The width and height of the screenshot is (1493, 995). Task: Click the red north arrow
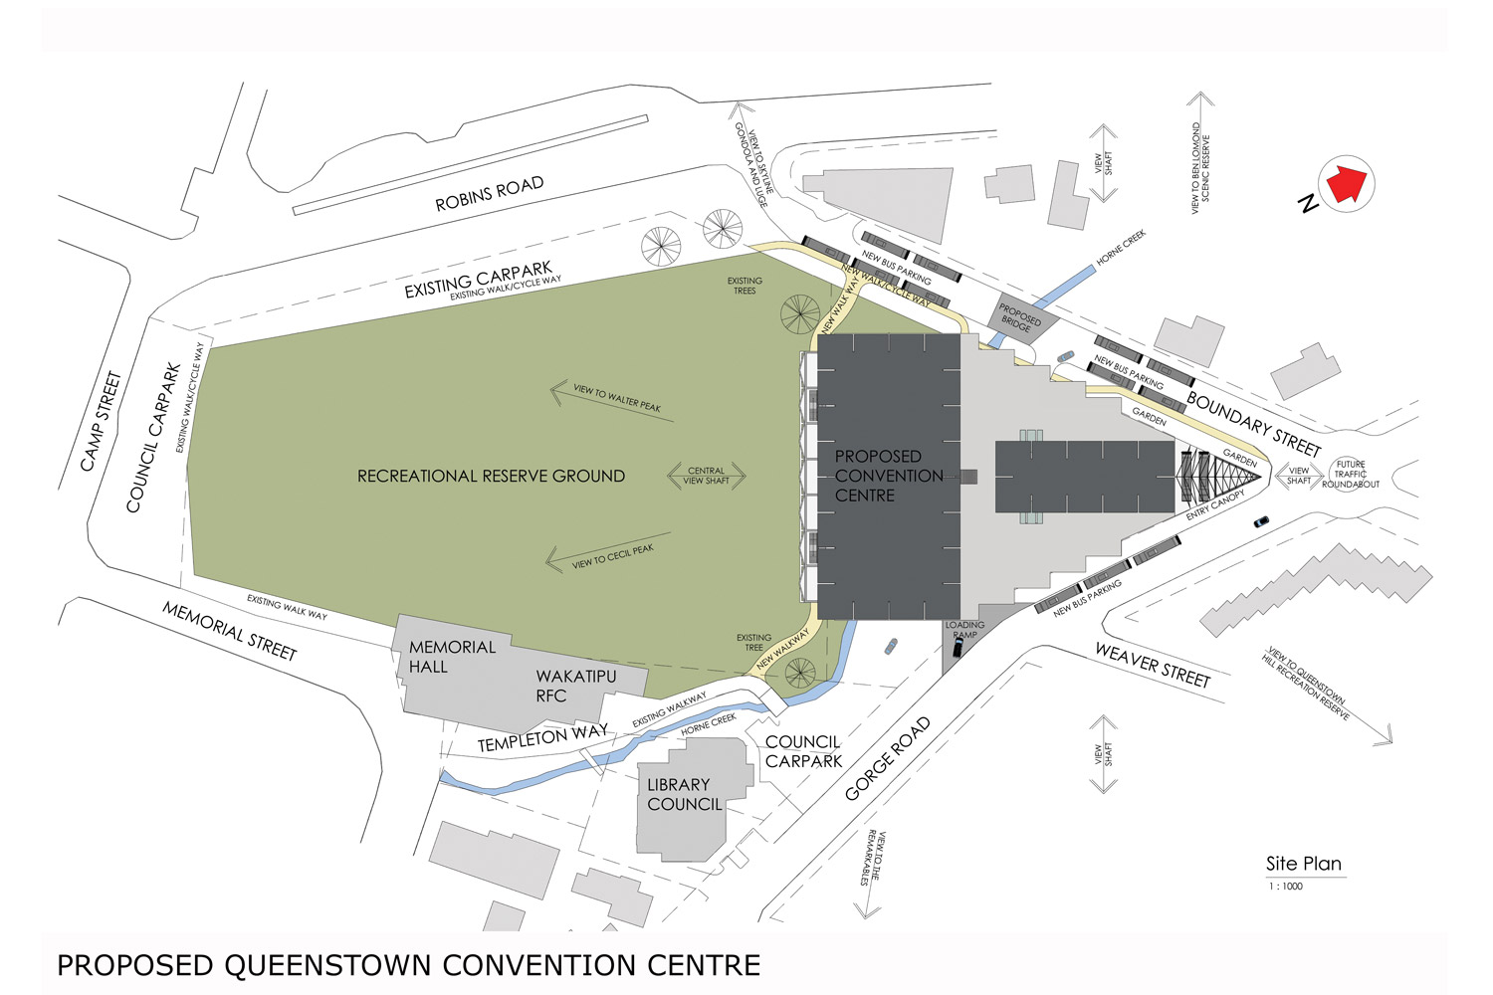click(x=1346, y=184)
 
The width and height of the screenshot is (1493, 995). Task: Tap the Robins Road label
click(x=490, y=194)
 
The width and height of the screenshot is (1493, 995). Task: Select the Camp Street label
click(x=101, y=421)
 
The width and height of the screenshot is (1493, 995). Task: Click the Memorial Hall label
click(x=452, y=657)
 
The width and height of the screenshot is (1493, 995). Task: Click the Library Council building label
click(x=684, y=794)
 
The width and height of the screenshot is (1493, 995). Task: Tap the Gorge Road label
click(x=887, y=759)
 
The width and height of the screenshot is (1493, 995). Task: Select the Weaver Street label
click(x=1153, y=665)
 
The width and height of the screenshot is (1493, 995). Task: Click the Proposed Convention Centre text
click(x=889, y=476)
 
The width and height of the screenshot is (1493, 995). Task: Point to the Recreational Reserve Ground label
click(x=491, y=477)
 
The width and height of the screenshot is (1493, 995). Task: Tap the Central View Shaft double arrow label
click(x=706, y=476)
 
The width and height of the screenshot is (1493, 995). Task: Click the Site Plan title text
click(x=1303, y=864)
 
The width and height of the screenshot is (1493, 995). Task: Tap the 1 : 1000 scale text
click(x=1285, y=887)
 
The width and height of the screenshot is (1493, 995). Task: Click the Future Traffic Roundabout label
click(x=1351, y=475)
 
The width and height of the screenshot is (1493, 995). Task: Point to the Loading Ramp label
click(x=964, y=630)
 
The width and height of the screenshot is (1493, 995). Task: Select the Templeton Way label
click(x=542, y=738)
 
